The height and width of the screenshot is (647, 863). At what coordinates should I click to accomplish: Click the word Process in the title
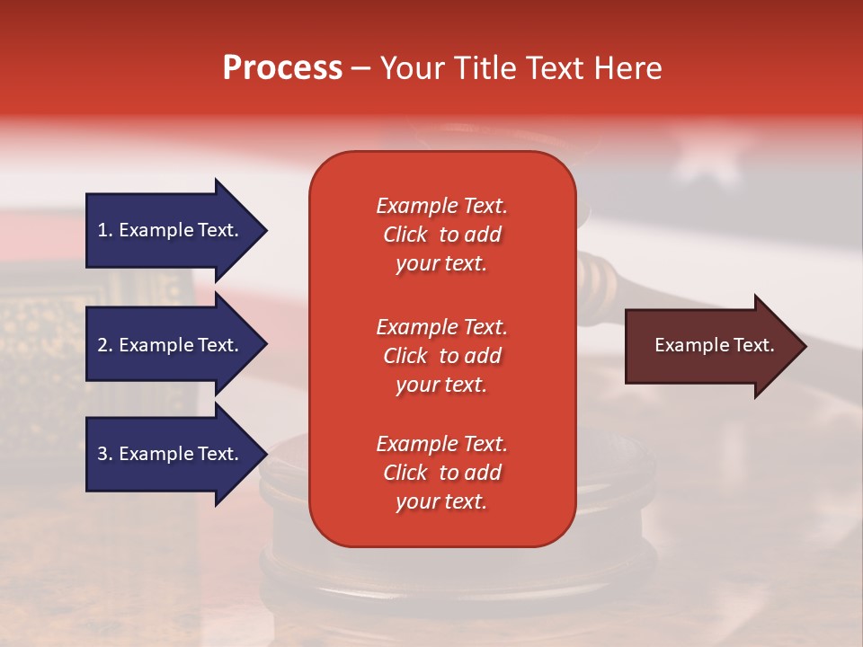coord(282,68)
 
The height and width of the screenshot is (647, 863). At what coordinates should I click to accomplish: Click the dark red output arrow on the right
coord(710,345)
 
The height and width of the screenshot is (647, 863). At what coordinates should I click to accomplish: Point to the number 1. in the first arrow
coord(105,230)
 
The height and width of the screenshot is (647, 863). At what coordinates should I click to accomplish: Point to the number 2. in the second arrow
coord(105,345)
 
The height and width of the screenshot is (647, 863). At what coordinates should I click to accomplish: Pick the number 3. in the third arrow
coord(105,454)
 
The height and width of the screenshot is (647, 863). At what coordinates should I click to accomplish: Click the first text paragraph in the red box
coord(441,235)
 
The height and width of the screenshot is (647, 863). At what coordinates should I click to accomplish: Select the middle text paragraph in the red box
coord(441,356)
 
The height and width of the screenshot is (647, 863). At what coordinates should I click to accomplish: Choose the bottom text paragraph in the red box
coord(441,473)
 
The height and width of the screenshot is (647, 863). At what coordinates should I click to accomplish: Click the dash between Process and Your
coord(360,69)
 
